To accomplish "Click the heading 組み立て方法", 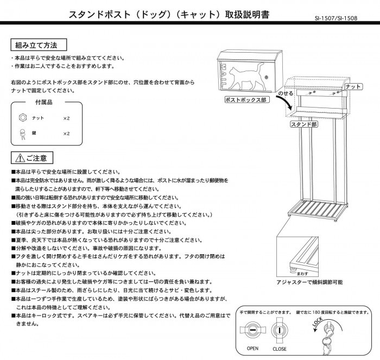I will [37, 44].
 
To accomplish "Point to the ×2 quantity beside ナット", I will [67, 118].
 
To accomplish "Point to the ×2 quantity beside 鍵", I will [67, 133].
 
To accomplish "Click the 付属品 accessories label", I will [43, 102].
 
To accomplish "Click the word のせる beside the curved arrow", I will [286, 94].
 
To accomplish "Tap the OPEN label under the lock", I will [252, 349].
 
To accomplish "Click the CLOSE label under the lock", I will [280, 349].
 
